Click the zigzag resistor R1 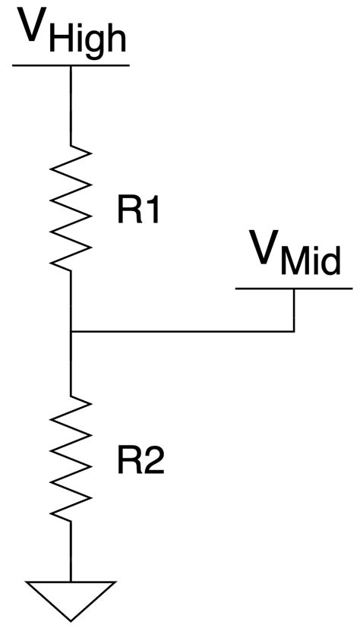coord(71,205)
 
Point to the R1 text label coord(137,213)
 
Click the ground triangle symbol coord(71,595)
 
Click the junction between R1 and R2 coord(71,332)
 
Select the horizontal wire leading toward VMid coord(182,332)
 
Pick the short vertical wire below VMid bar coord(294,310)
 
